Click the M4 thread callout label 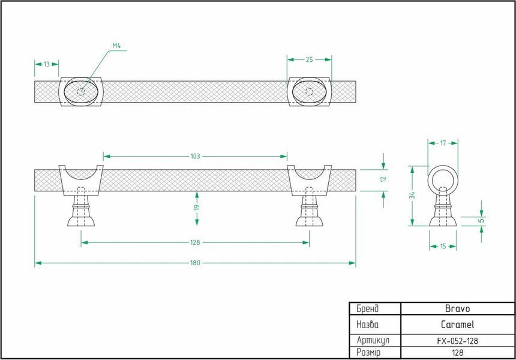[116, 46]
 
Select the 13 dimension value [47, 64]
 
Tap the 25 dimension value [310, 59]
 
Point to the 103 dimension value [195, 156]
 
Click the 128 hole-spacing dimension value [195, 242]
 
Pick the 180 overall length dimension [195, 263]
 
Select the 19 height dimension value [196, 208]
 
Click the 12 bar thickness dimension [383, 179]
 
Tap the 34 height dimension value [412, 195]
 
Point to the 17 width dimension [443, 143]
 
